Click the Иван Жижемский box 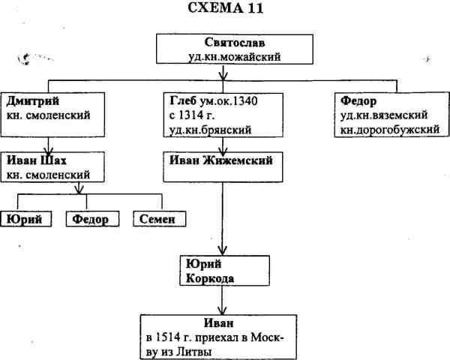pyautogui.click(x=223, y=166)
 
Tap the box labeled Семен pyautogui.click(x=158, y=219)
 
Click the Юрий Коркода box pyautogui.click(x=223, y=271)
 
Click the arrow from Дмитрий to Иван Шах pyautogui.click(x=48, y=144)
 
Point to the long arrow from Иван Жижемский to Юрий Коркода pyautogui.click(x=220, y=217)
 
